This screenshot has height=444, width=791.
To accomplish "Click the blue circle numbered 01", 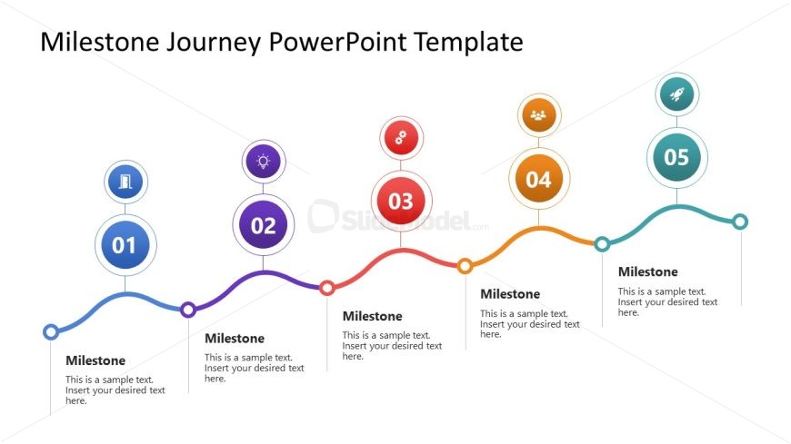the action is tap(125, 245).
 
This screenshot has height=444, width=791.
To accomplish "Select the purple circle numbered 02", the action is tap(264, 225).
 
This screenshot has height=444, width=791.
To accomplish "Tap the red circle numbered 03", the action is tap(401, 201).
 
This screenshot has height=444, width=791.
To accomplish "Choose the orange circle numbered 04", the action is tap(539, 179).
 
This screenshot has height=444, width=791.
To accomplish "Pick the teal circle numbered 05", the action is tap(677, 157).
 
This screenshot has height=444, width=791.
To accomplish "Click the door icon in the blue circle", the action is tap(125, 182).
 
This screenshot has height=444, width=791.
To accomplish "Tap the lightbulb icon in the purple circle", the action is tap(264, 162).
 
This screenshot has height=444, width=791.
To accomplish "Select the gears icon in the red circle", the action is tap(401, 138).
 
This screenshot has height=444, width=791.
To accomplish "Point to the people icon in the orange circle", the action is tap(539, 115).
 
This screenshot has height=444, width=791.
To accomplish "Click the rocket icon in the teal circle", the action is tap(677, 94).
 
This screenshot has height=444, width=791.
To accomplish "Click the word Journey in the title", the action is tap(214, 43).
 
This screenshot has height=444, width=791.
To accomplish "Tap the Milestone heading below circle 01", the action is tap(95, 360).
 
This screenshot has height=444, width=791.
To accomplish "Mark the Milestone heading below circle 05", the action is tap(648, 271).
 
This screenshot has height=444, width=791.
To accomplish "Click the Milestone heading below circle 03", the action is tap(372, 316).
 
